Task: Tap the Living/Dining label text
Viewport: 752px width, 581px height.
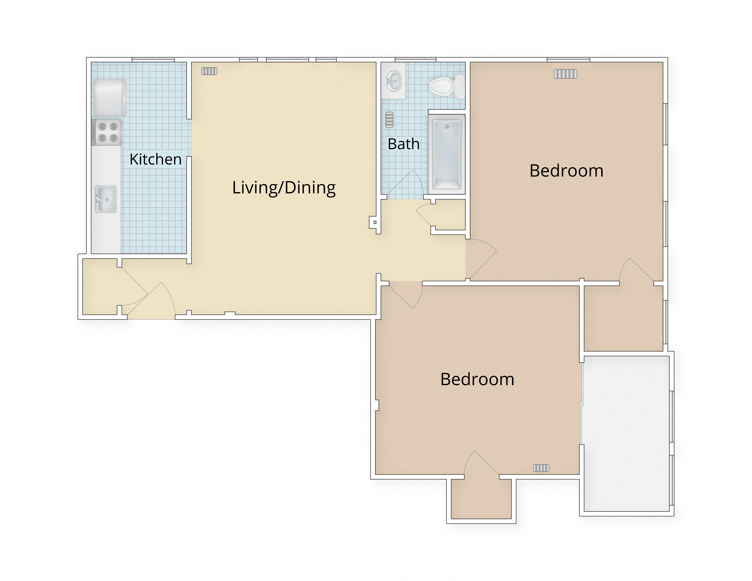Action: tap(284, 188)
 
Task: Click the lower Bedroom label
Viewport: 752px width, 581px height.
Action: tap(477, 379)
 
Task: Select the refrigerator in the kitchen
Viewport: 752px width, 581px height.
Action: tap(109, 97)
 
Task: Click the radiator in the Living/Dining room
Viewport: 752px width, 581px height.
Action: tap(209, 71)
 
